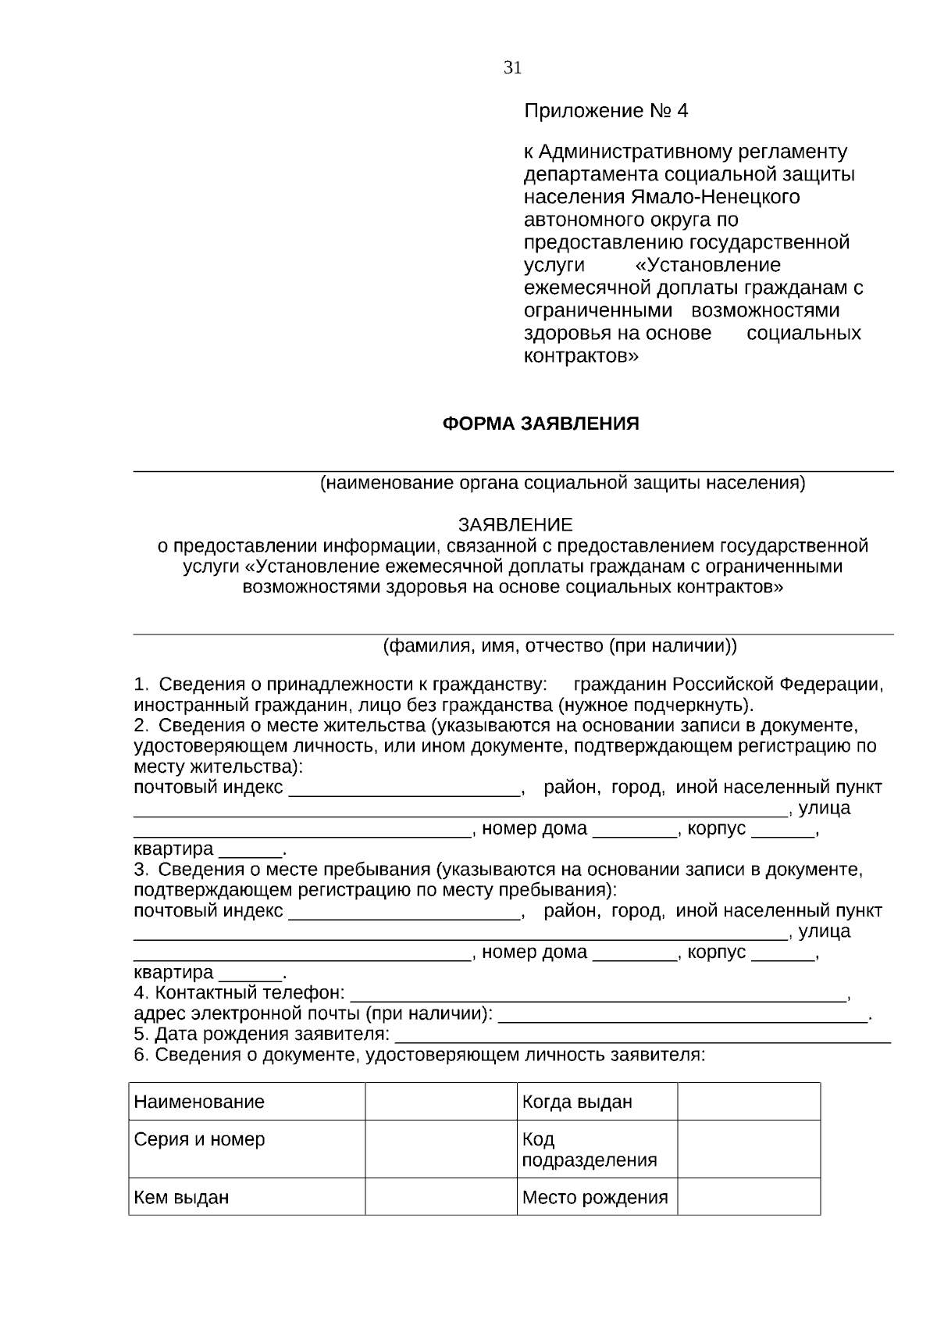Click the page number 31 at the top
click(x=512, y=68)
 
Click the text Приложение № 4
click(x=605, y=111)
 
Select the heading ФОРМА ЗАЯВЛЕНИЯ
click(x=540, y=424)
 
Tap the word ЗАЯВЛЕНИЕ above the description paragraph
click(x=515, y=524)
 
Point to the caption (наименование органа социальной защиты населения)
click(x=562, y=483)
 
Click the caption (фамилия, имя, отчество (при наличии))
click(x=559, y=646)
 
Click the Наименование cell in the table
click(x=199, y=1102)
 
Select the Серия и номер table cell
click(x=199, y=1139)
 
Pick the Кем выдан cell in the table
click(x=181, y=1197)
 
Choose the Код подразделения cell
click(x=589, y=1149)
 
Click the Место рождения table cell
click(x=594, y=1197)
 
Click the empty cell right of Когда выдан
click(x=748, y=1102)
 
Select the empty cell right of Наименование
click(x=440, y=1102)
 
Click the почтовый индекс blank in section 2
click(x=404, y=790)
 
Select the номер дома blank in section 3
click(x=634, y=955)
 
